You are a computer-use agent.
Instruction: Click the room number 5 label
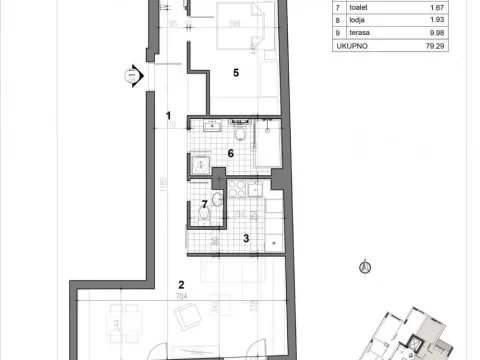235,72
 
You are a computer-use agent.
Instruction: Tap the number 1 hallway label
171,115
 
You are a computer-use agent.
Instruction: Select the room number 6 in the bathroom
230,153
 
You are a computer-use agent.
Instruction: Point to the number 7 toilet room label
204,204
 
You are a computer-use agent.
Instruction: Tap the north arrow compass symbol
364,267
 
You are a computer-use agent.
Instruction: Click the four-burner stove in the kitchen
241,190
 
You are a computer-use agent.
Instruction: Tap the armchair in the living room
187,318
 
